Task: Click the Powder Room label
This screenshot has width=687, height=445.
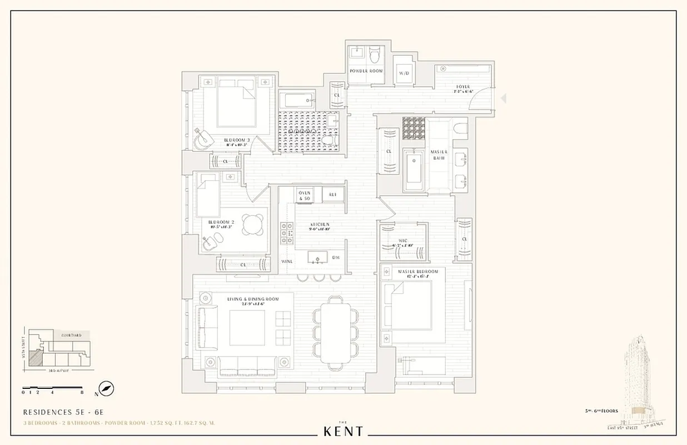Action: tap(366, 71)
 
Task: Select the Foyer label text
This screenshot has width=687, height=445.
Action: tap(462, 87)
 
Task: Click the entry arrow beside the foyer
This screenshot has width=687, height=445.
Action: tap(504, 98)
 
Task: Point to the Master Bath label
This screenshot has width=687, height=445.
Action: tap(439, 155)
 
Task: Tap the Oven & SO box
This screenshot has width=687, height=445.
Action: tap(304, 195)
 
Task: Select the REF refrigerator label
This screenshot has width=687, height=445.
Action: tap(333, 195)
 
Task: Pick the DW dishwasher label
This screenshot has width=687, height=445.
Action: tap(336, 258)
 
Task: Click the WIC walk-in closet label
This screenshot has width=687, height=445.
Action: tap(404, 241)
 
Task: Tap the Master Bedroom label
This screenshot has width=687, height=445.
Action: tap(417, 271)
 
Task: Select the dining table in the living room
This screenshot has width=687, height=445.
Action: tap(336, 333)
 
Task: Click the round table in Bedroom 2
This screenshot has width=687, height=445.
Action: tap(253, 224)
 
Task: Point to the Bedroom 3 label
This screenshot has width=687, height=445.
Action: tap(237, 140)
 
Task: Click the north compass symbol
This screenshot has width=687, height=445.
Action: tap(106, 388)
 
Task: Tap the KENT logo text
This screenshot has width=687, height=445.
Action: tap(343, 431)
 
